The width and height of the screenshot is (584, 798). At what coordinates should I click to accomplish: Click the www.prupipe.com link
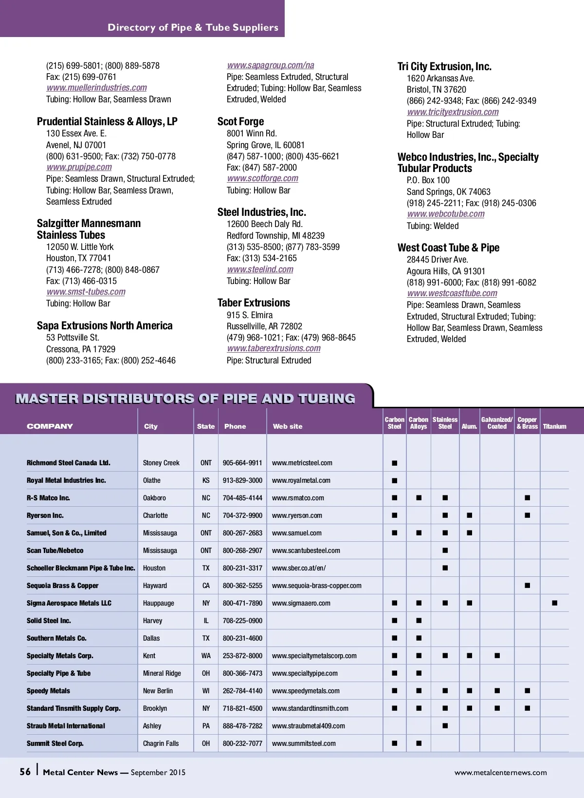tap(79, 167)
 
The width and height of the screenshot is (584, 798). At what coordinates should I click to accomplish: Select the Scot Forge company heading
tap(240, 122)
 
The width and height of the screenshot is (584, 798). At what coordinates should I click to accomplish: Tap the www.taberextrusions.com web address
tap(274, 348)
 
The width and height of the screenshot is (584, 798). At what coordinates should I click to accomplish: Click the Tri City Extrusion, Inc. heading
tap(444, 67)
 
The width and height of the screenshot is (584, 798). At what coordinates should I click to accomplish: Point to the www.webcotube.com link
tap(446, 214)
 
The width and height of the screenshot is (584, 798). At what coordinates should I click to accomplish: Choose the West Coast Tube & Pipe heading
tap(448, 248)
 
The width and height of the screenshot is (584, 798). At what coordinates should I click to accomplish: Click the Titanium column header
tap(554, 426)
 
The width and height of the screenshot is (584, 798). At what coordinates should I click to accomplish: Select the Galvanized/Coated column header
tap(497, 423)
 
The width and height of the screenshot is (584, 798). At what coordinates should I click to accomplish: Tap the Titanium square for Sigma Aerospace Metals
tap(554, 603)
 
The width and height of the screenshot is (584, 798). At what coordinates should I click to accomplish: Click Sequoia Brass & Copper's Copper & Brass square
tap(527, 586)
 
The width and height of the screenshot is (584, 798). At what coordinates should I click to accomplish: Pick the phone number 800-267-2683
tap(242, 533)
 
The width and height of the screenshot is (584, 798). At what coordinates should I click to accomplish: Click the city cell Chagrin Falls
tap(161, 743)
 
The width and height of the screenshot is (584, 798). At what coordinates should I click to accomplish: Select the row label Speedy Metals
tap(48, 691)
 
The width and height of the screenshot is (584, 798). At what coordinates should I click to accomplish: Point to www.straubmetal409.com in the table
tap(308, 726)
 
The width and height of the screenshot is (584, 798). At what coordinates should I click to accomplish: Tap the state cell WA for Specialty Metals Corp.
tap(206, 656)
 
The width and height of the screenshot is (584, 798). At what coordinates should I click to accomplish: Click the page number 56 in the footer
tap(25, 772)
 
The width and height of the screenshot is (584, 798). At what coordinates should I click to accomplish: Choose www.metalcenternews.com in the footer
tap(500, 773)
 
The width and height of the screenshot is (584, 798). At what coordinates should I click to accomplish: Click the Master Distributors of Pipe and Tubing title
tap(185, 399)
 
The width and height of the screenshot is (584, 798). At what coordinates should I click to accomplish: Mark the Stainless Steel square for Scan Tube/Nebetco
tap(445, 551)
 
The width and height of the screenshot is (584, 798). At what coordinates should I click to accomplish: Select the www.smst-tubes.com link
tap(86, 292)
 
